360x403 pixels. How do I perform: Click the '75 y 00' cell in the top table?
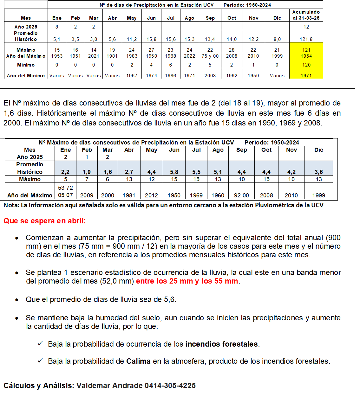(210, 56)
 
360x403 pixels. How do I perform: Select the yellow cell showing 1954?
(306, 56)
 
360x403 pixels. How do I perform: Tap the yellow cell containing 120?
(306, 65)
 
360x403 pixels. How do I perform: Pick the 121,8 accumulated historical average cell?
(306, 39)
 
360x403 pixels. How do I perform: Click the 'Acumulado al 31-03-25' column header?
(306, 15)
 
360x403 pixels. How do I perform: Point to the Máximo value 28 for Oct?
(232, 50)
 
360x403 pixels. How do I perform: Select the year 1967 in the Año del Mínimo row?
(132, 76)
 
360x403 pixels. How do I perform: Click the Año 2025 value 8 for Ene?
(57, 27)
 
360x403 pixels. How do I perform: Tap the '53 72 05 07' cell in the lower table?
(65, 191)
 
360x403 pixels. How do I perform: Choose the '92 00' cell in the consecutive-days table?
(241, 195)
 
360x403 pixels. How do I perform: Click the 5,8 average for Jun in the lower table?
(174, 172)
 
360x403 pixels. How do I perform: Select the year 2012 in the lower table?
(151, 195)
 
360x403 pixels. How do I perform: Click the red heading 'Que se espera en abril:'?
(44, 221)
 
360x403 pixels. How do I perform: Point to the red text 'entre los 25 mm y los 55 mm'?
(187, 281)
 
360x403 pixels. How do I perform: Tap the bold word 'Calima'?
(138, 361)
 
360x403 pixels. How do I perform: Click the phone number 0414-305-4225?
(170, 386)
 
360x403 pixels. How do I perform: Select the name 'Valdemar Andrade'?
(109, 386)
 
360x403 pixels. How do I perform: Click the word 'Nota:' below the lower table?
(11, 205)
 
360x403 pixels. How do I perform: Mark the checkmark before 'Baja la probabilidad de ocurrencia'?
(40, 344)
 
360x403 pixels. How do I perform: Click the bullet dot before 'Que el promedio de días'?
(17, 300)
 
